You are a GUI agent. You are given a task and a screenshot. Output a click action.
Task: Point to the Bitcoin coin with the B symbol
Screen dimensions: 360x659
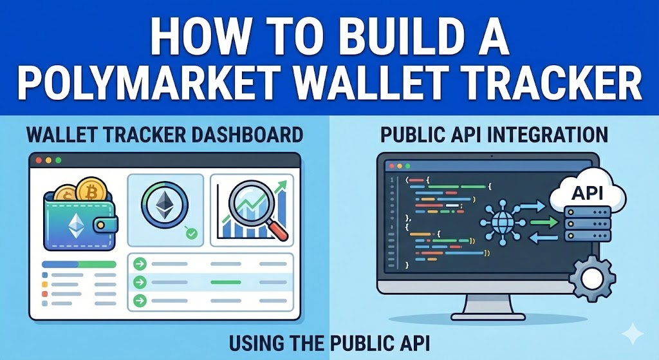[90, 191]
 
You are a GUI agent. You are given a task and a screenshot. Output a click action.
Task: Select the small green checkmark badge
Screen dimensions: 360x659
[190, 234]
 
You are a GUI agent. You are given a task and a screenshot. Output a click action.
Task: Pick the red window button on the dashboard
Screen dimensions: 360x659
[38, 160]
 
